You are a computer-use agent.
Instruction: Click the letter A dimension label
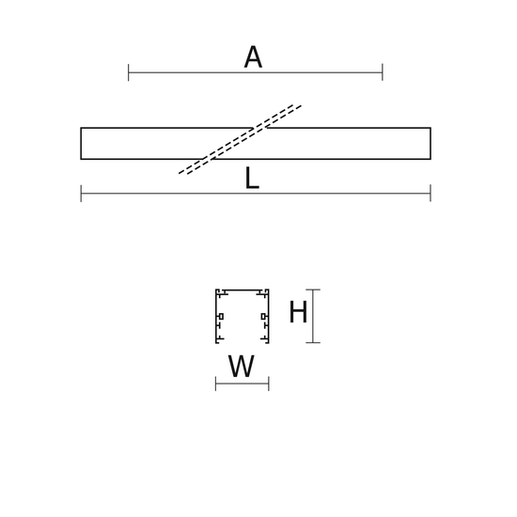point(253,56)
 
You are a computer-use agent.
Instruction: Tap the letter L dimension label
point(252,178)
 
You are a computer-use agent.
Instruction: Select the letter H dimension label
point(298,311)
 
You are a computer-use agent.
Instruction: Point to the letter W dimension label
point(242,366)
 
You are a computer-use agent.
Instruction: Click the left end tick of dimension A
point(128,72)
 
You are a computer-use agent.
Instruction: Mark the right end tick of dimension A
point(383,72)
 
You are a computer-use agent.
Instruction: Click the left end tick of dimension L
point(81,194)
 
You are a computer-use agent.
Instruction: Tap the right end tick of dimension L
point(431,194)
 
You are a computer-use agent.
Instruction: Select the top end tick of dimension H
point(313,290)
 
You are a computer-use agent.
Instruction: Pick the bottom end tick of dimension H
point(313,343)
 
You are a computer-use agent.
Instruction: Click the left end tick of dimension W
point(215,384)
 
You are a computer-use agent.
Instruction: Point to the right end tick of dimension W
point(269,384)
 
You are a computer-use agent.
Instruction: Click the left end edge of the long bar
point(81,144)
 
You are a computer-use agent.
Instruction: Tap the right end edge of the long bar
point(431,144)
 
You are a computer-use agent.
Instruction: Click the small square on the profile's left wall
point(221,317)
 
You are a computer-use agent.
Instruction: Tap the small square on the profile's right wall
point(263,317)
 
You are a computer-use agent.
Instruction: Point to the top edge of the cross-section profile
point(243,290)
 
